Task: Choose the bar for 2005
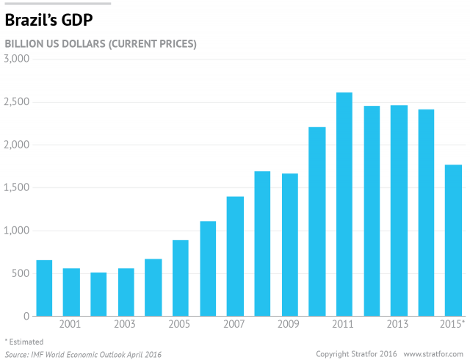tap(181, 278)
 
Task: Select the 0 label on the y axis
tap(26, 317)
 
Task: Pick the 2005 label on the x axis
tap(181, 325)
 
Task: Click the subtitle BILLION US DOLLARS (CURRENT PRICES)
tap(101, 43)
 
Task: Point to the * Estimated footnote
tap(24, 342)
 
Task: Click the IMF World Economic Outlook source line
tap(83, 354)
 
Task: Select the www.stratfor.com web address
tap(433, 354)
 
